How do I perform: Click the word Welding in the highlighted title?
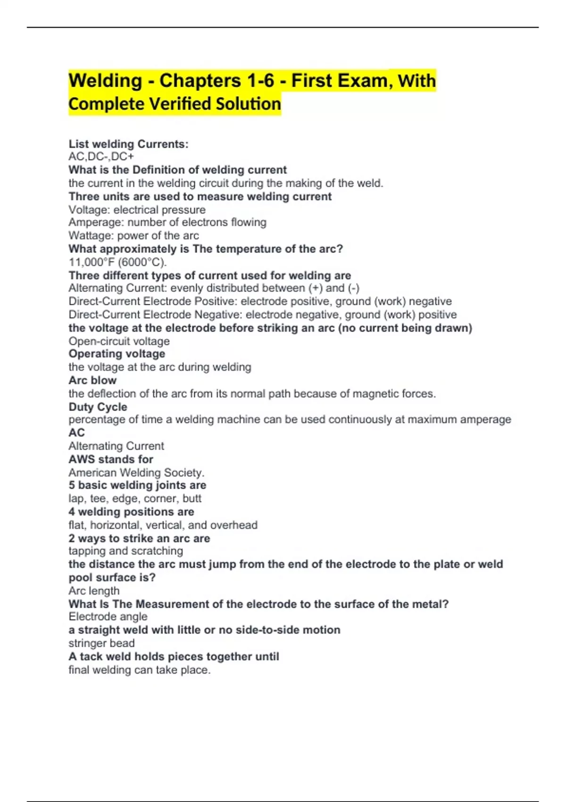point(105,81)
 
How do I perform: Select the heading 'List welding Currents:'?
point(128,144)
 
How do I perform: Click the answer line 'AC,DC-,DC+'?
point(101,157)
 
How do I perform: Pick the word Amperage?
point(96,222)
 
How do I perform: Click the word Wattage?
point(92,235)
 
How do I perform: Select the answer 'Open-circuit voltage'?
point(119,341)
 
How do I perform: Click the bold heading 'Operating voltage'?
point(117,354)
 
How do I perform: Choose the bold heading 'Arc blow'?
point(92,380)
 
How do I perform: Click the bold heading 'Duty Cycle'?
point(98,407)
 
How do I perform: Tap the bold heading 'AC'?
point(77,433)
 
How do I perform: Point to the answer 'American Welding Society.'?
point(136,472)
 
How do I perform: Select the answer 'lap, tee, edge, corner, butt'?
point(135,498)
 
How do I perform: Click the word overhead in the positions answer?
point(233,525)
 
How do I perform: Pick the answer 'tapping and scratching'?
point(125,551)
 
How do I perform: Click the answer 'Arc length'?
point(94,591)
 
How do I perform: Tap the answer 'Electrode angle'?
point(108,617)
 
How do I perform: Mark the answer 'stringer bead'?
point(101,643)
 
